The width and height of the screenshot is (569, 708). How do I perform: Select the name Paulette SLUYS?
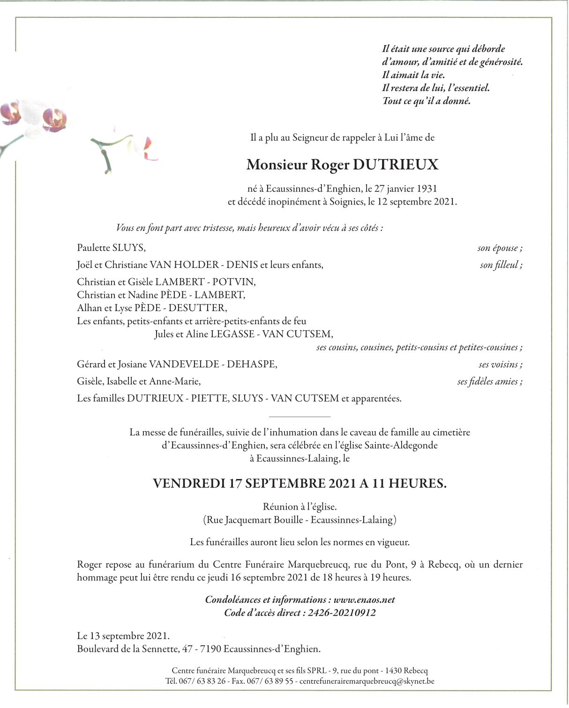tap(111, 248)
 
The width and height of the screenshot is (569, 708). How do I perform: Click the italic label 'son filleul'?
tap(501, 265)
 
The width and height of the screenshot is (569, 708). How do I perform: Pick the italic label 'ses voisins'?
tap(500, 365)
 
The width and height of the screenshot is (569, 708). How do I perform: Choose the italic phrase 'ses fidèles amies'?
tap(489, 382)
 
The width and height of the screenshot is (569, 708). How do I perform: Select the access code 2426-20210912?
tap(342, 613)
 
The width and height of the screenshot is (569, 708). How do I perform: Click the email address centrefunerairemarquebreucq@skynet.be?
tap(367, 681)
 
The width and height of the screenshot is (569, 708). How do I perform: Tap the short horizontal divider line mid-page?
tap(300, 417)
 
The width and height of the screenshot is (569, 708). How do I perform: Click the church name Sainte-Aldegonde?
tap(401, 445)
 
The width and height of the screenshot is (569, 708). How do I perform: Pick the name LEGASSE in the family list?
tap(232, 335)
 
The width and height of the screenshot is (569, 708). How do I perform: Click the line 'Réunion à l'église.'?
tap(300, 507)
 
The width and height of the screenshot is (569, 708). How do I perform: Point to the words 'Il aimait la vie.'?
tap(413, 75)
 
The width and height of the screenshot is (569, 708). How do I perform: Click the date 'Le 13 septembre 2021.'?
tap(123, 636)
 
